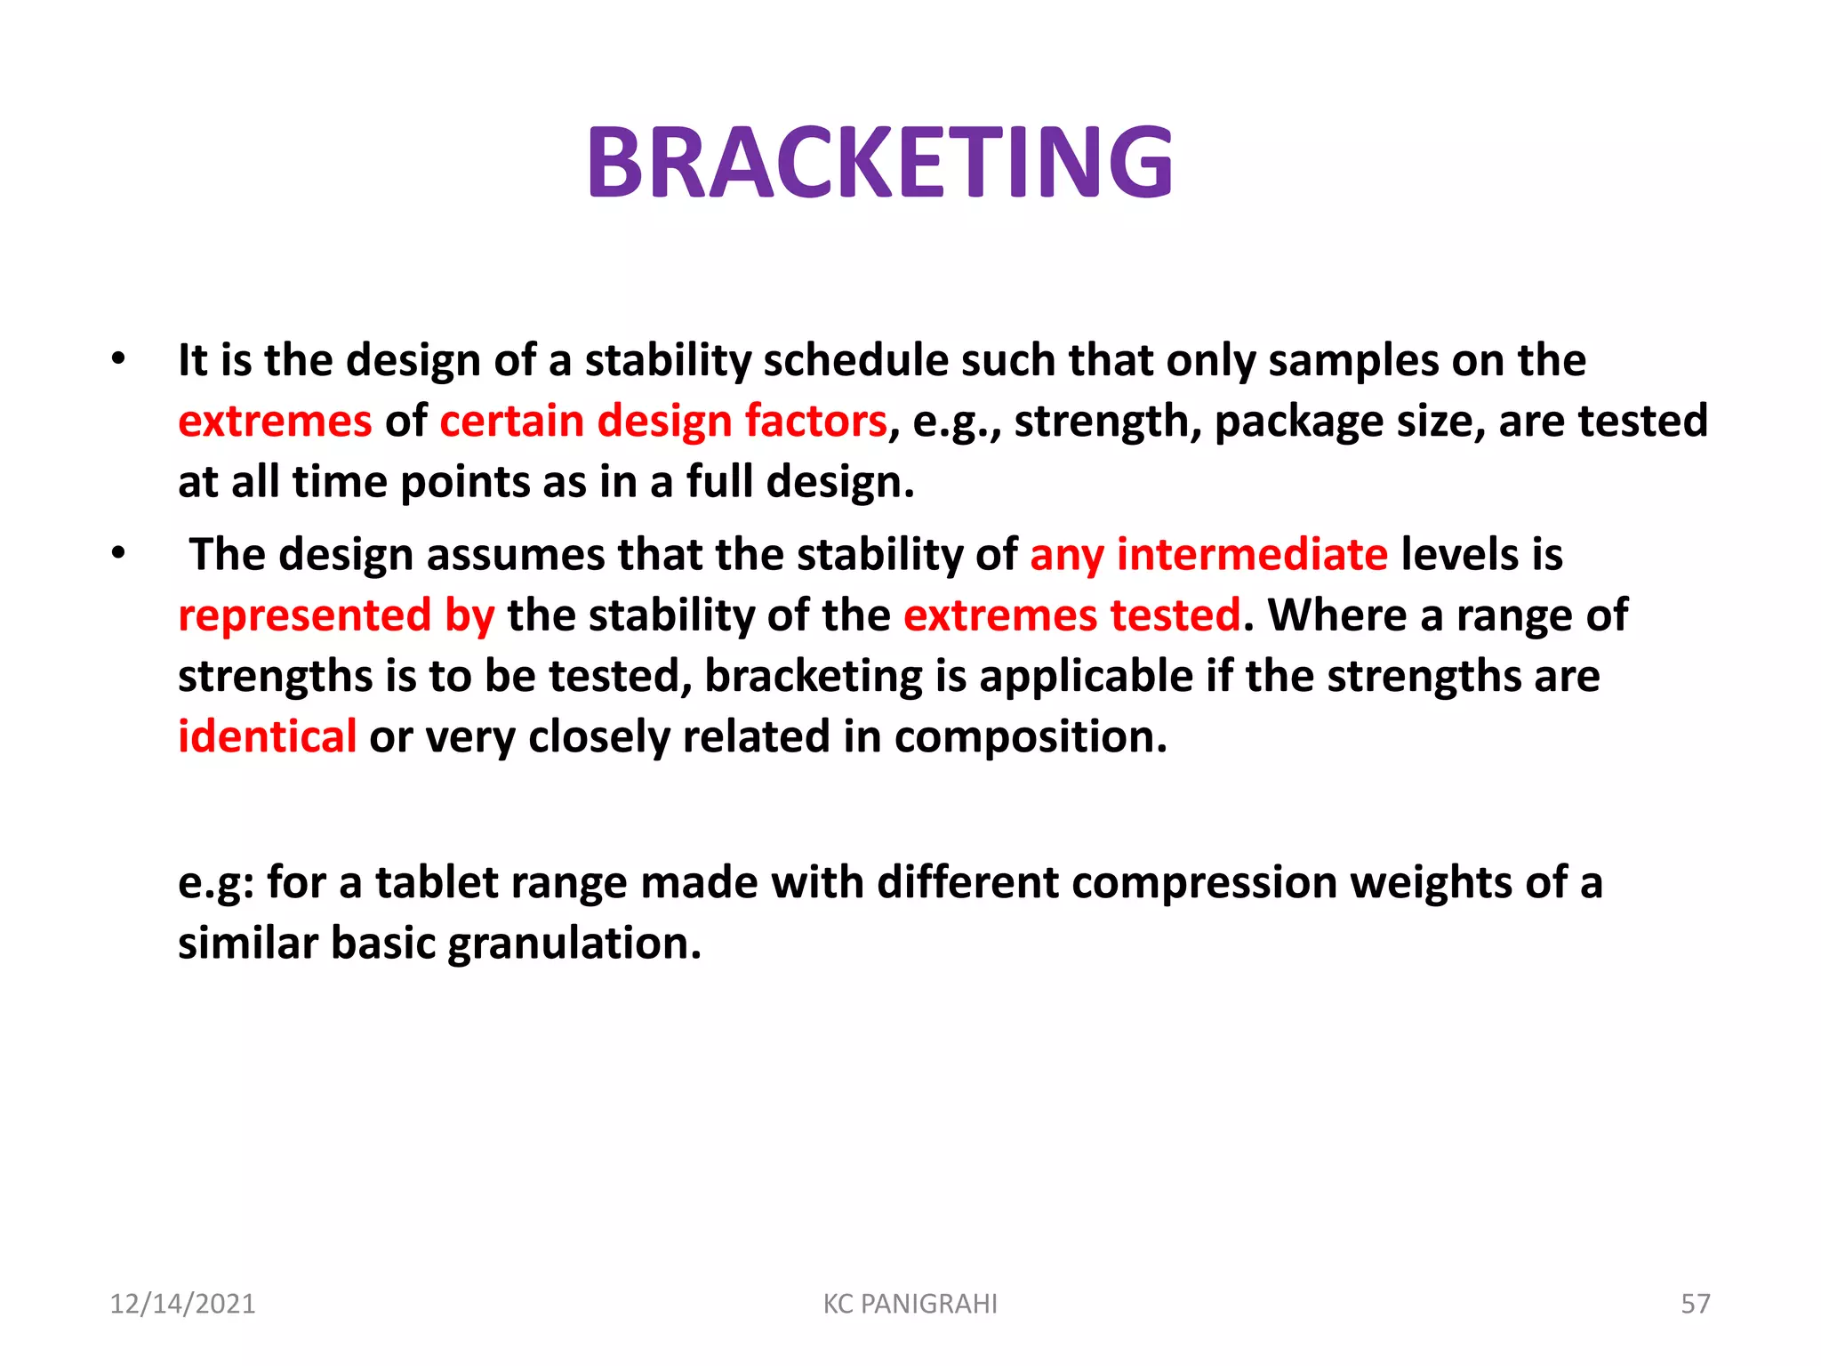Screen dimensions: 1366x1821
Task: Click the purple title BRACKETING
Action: tap(880, 163)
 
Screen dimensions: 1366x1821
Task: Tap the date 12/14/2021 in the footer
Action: tap(182, 1304)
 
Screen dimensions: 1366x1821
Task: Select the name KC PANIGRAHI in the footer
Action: tap(910, 1304)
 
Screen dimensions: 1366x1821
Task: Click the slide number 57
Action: tap(1695, 1304)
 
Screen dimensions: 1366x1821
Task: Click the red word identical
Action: tap(267, 736)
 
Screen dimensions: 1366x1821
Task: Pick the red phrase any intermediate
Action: tap(1208, 554)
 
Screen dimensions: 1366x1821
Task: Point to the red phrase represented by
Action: tap(336, 615)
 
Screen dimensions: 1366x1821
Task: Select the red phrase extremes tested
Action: tap(1071, 615)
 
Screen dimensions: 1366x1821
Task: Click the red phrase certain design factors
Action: tap(663, 421)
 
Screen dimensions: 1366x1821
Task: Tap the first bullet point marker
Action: tap(118, 360)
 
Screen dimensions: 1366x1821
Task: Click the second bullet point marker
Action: tap(118, 554)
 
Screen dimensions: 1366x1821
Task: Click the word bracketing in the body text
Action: tap(814, 677)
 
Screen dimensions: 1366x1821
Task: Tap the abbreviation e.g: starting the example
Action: tap(216, 882)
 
